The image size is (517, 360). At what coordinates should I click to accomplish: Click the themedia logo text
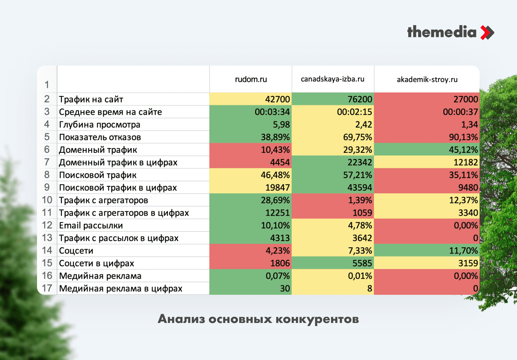(x=442, y=32)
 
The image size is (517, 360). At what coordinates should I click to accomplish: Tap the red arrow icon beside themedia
(x=487, y=32)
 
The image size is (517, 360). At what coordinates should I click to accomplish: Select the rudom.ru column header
(x=251, y=79)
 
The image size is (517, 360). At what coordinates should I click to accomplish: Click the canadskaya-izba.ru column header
(x=333, y=79)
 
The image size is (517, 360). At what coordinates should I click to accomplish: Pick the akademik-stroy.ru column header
(x=427, y=79)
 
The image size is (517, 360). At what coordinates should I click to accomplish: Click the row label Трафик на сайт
(x=91, y=100)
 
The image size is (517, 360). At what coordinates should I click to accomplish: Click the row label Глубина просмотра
(x=100, y=125)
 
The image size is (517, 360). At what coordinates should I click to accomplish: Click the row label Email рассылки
(x=91, y=225)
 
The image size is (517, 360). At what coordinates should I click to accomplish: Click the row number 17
(x=47, y=288)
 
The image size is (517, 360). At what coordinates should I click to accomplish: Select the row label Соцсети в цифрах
(x=96, y=263)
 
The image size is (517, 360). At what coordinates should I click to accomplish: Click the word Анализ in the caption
(x=181, y=319)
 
